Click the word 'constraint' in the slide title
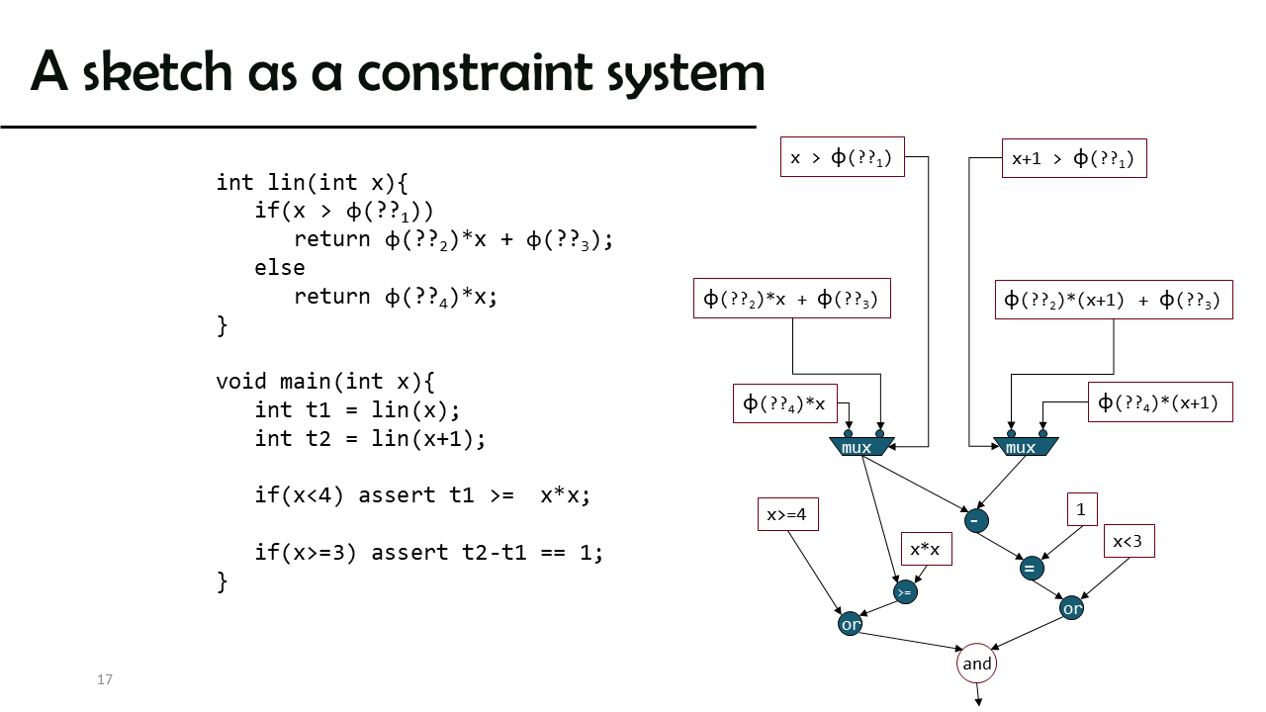pos(475,72)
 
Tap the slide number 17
pos(105,679)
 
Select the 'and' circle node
pos(976,664)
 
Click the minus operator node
pos(976,520)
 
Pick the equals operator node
pos(1032,568)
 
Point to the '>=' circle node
pos(905,591)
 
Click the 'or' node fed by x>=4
pos(850,623)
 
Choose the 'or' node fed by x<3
pos(1071,608)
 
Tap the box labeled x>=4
pos(788,514)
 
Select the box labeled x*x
pos(927,549)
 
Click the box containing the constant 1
pos(1082,509)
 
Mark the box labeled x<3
pos(1130,541)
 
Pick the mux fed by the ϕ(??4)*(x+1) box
pos(1026,446)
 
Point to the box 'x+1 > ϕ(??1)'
pos(1074,158)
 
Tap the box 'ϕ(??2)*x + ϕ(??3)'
pos(792,299)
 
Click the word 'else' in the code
pos(279,267)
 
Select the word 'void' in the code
pos(241,382)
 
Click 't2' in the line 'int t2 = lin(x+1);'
pos(318,438)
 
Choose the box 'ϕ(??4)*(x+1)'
pos(1160,402)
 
